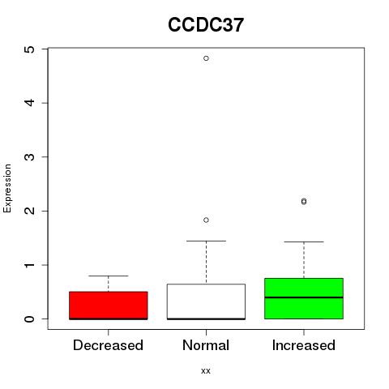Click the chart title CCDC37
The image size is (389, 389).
pyautogui.click(x=206, y=25)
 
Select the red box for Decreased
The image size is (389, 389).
pyautogui.click(x=109, y=306)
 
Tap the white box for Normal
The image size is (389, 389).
pyautogui.click(x=206, y=301)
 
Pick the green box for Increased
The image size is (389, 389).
pyautogui.click(x=304, y=298)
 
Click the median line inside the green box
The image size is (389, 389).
pyautogui.click(x=304, y=297)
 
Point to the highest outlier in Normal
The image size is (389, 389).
pyautogui.click(x=206, y=58)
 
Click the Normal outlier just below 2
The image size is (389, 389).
pyautogui.click(x=206, y=220)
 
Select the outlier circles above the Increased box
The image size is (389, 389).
pyautogui.click(x=304, y=202)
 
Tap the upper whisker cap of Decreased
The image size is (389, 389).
pyautogui.click(x=109, y=276)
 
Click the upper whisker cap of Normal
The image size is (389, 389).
pyautogui.click(x=206, y=241)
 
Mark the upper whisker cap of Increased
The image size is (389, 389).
pyautogui.click(x=304, y=242)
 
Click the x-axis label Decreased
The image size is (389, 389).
pyautogui.click(x=108, y=345)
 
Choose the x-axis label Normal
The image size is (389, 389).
pyautogui.click(x=206, y=345)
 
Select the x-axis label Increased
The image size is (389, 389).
pyautogui.click(x=304, y=345)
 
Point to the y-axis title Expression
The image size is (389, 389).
pyautogui.click(x=7, y=188)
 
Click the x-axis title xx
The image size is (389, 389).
pyautogui.click(x=206, y=371)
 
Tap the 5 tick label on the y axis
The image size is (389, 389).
pyautogui.click(x=30, y=49)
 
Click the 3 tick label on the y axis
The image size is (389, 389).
pyautogui.click(x=30, y=157)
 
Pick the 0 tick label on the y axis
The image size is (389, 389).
pyautogui.click(x=30, y=319)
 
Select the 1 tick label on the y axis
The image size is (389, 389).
pyautogui.click(x=30, y=265)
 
